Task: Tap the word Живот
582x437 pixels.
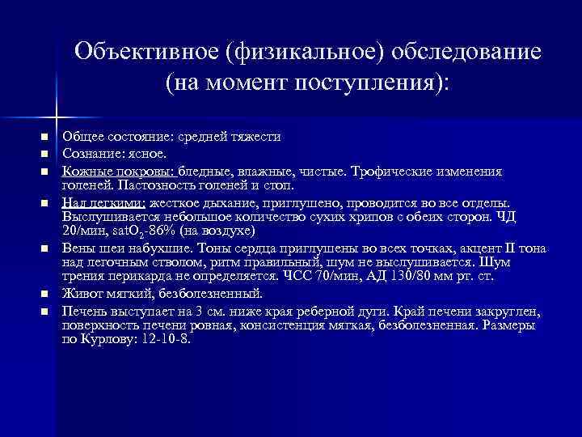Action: click(x=80, y=292)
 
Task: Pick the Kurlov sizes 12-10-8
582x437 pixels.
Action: click(x=165, y=339)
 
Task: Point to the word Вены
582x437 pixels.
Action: click(x=78, y=248)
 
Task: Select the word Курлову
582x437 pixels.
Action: click(x=108, y=339)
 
